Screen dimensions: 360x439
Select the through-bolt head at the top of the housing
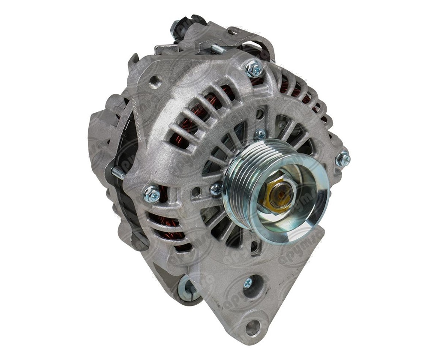(x=254, y=68)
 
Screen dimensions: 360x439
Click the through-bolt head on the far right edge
(x=343, y=159)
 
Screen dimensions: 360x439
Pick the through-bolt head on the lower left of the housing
(x=152, y=194)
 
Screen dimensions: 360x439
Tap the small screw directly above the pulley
(x=260, y=135)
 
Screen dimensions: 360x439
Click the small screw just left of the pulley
(x=217, y=189)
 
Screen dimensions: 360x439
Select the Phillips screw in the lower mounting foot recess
(x=248, y=283)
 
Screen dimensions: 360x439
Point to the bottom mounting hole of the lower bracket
(x=253, y=327)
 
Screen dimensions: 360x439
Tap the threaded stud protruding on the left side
(x=117, y=173)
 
